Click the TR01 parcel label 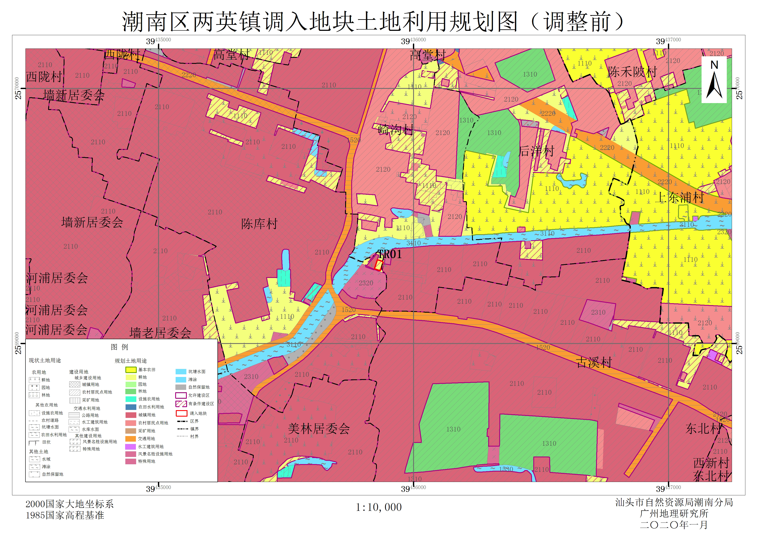tap(390, 254)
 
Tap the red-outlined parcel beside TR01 tap(378, 265)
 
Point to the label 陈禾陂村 tap(632, 72)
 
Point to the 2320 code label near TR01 tap(366, 283)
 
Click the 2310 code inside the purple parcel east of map tap(598, 312)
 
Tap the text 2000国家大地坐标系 tap(69, 504)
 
